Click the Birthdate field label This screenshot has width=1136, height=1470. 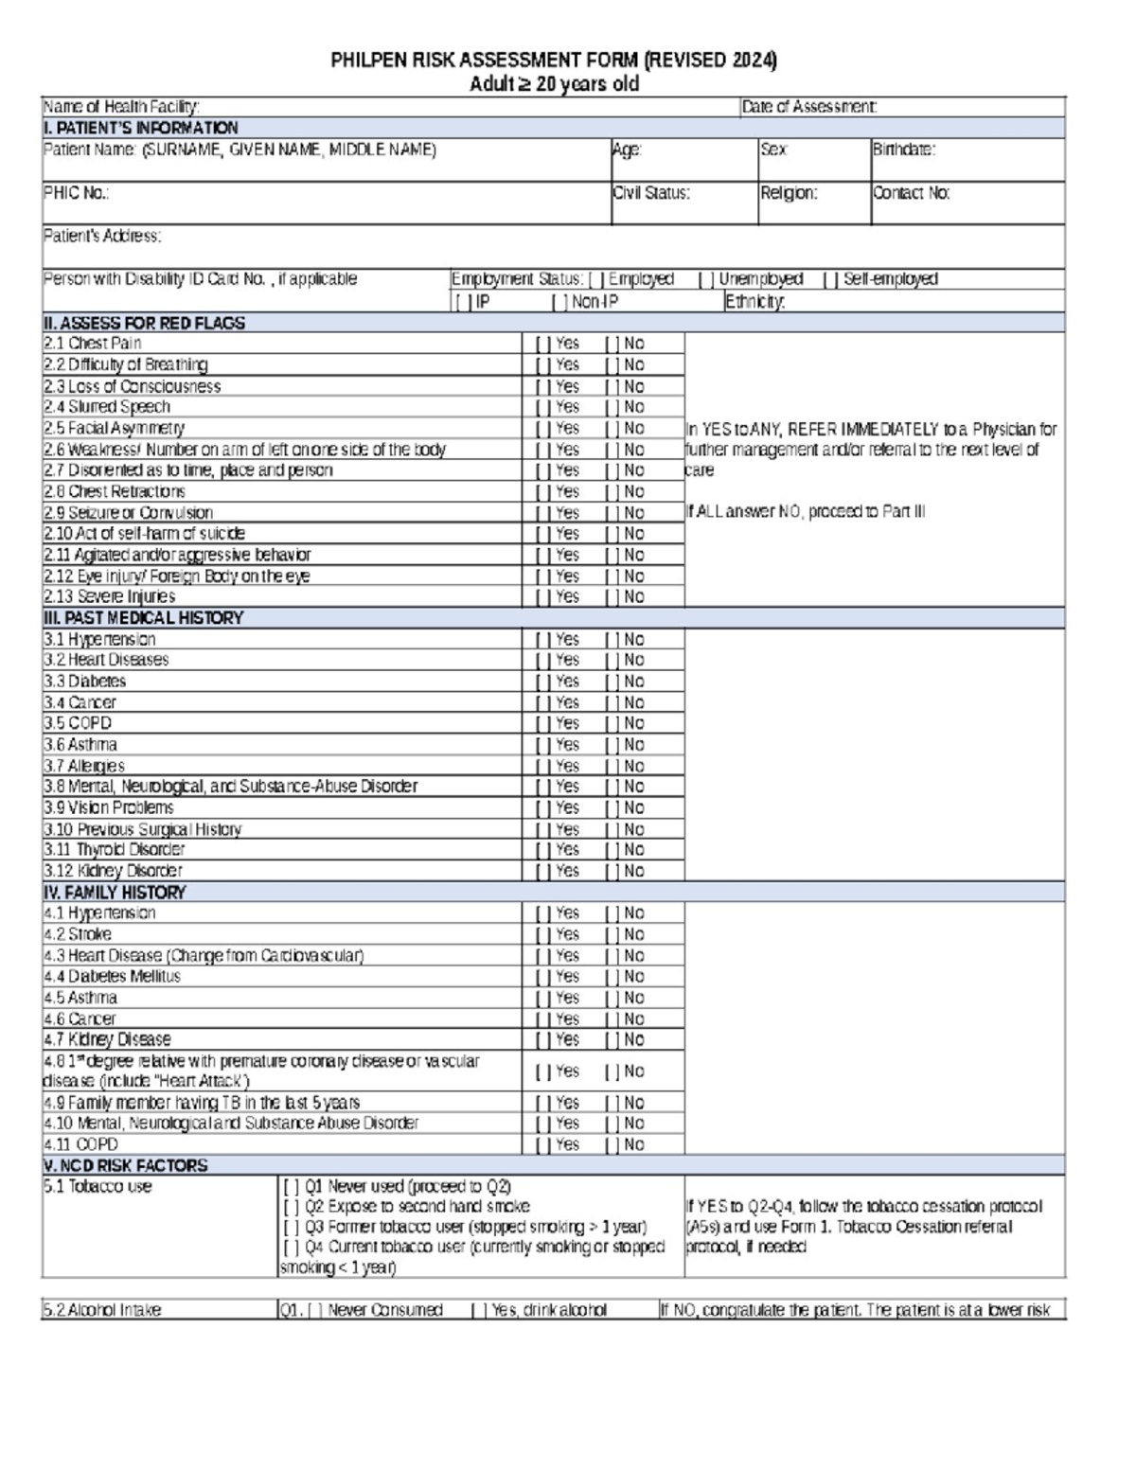904,150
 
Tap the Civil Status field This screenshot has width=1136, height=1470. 683,203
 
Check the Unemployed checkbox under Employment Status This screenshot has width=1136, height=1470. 705,279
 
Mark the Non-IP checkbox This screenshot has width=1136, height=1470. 559,302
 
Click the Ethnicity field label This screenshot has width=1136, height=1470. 754,302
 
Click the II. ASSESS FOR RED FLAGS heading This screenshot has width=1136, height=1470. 144,323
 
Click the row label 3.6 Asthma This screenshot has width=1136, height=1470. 80,745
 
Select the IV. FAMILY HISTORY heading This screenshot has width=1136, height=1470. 115,892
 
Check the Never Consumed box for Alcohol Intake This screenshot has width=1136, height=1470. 315,1310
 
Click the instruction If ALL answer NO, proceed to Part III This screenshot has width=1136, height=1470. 806,512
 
